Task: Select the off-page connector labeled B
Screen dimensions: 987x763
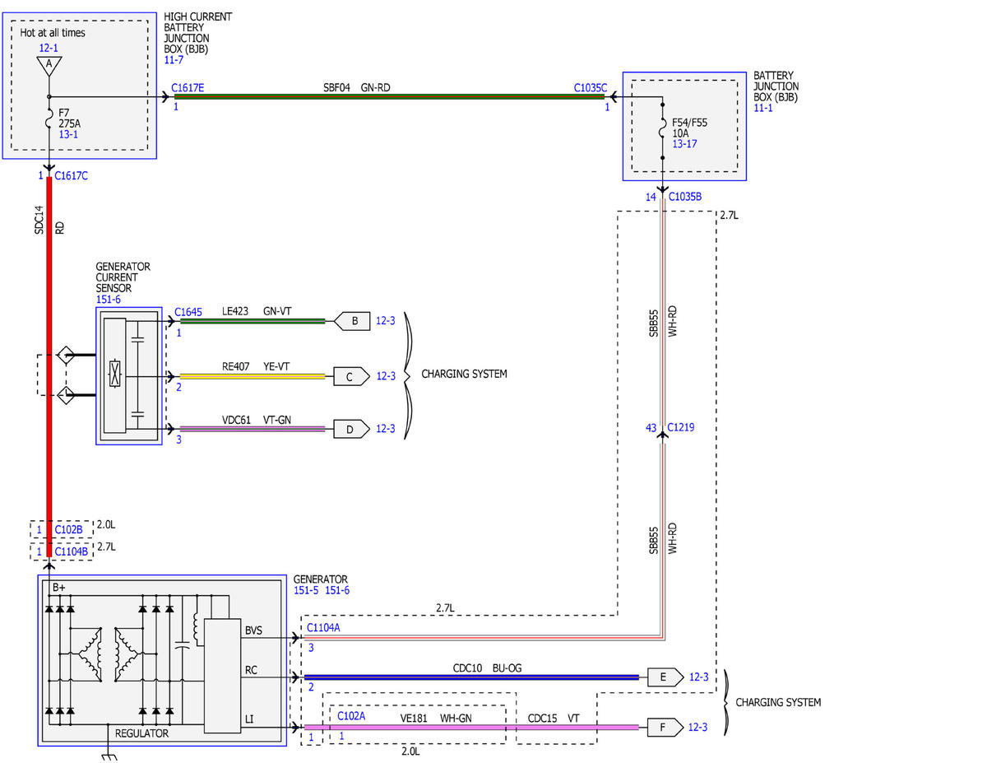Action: [351, 321]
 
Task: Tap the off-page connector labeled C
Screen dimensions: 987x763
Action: [351, 376]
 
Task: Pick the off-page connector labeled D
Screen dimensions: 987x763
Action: [351, 429]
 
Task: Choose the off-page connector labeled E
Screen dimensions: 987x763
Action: [665, 677]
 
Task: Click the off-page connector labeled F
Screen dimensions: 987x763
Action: [665, 727]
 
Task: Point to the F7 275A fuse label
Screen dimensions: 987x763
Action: [69, 118]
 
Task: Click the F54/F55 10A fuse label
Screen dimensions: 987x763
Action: [689, 128]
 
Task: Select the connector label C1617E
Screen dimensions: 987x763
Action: [188, 88]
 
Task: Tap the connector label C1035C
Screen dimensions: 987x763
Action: [590, 88]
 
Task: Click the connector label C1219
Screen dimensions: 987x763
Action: [680, 427]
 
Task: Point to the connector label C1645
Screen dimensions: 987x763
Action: [188, 312]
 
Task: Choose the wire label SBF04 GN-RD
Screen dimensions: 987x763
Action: [357, 87]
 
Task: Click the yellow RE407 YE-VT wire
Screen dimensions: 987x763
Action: [253, 376]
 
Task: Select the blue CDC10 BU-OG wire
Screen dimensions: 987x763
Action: [471, 677]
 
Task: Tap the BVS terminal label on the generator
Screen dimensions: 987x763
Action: [253, 630]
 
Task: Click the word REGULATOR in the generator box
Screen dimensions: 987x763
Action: [141, 733]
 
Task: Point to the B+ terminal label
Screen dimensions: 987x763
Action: [59, 587]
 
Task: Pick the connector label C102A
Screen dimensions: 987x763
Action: [351, 716]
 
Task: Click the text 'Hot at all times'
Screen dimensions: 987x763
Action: [53, 33]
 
